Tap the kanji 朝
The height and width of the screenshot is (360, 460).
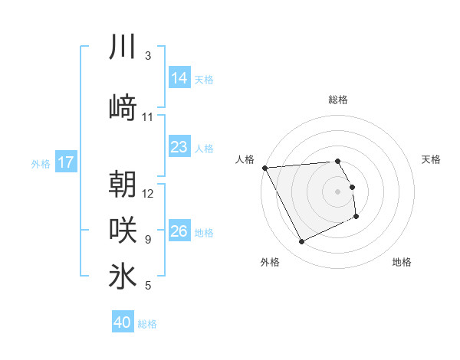pyautogui.click(x=123, y=184)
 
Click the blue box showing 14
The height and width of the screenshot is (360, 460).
pyautogui.click(x=179, y=77)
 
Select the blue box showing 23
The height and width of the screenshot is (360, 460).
pyautogui.click(x=179, y=146)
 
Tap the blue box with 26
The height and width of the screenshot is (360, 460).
pyautogui.click(x=179, y=231)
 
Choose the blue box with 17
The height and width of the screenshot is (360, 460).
pyautogui.click(x=66, y=162)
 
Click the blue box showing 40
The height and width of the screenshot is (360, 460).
pyautogui.click(x=123, y=322)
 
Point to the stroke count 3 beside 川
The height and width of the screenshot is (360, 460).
pyautogui.click(x=148, y=56)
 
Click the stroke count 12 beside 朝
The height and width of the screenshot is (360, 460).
pyautogui.click(x=149, y=193)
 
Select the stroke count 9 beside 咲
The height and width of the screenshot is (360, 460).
pyautogui.click(x=148, y=240)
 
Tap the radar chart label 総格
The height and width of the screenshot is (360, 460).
pyautogui.click(x=338, y=100)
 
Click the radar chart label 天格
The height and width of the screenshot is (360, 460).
pyautogui.click(x=432, y=159)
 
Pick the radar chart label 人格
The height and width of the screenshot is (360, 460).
pyautogui.click(x=245, y=159)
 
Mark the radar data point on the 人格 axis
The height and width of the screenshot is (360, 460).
pyautogui.click(x=264, y=168)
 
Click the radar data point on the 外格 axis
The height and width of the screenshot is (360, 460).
pyautogui.click(x=301, y=242)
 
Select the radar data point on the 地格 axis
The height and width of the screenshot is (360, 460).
pyautogui.click(x=356, y=217)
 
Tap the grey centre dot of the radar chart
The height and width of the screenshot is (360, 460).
pyautogui.click(x=338, y=191)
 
